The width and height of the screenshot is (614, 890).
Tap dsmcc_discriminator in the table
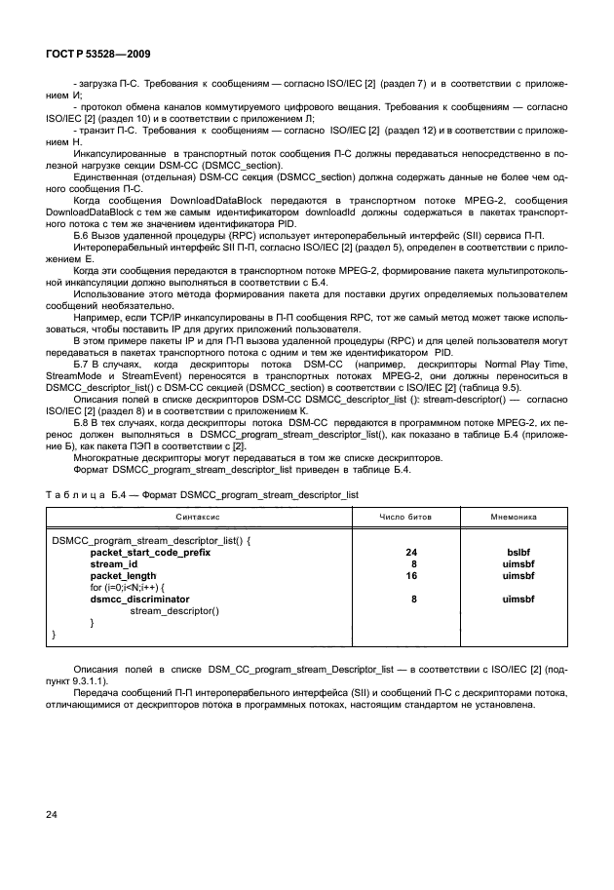139,599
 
